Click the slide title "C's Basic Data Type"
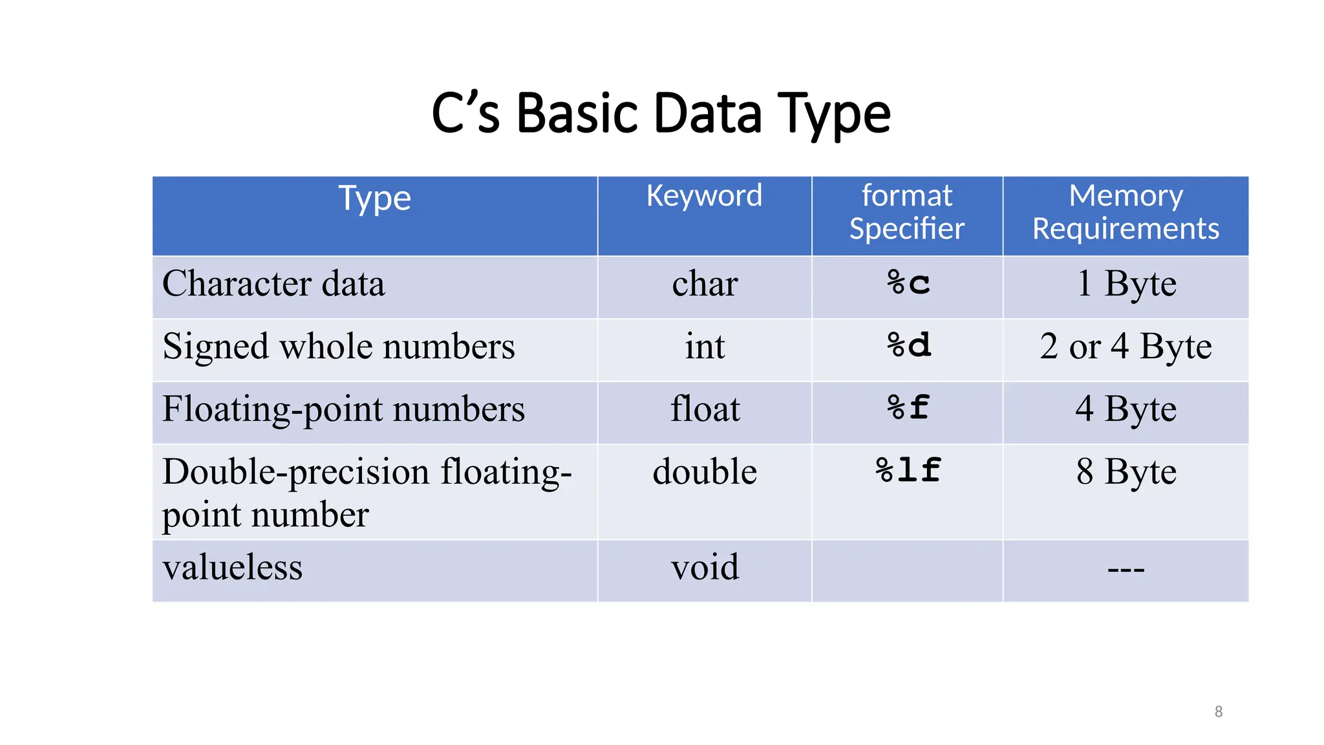tap(661, 114)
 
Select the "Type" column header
tap(374, 198)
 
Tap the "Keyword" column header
tap(704, 195)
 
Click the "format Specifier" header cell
tap(906, 212)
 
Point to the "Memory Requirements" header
tap(1126, 212)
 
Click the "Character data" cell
tap(273, 284)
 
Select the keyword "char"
tap(705, 284)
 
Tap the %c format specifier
tap(908, 283)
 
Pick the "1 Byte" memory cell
tap(1126, 283)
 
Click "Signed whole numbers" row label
tap(339, 347)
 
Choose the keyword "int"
tap(705, 347)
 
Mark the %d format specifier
tap(908, 345)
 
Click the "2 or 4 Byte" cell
tap(1126, 347)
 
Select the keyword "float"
tap(705, 409)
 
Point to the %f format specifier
tap(908, 408)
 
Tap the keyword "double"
tap(705, 471)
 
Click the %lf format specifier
tap(908, 470)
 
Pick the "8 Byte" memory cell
tap(1126, 471)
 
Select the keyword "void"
tap(705, 567)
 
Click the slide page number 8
tap(1218, 711)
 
